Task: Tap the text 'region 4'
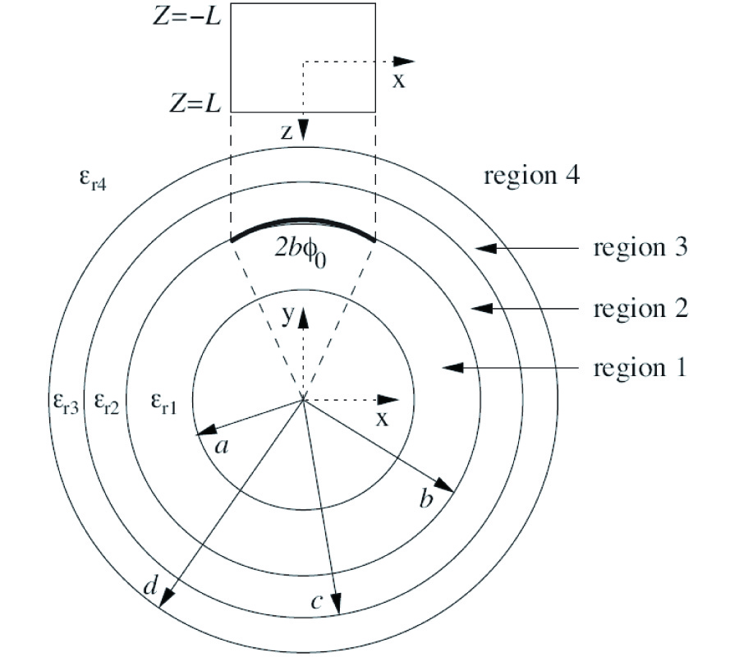[x=531, y=175]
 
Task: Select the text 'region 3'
[x=640, y=247]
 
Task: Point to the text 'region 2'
[x=640, y=310]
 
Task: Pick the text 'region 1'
[x=640, y=368]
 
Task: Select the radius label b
[x=426, y=499]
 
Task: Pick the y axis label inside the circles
[x=289, y=317]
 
